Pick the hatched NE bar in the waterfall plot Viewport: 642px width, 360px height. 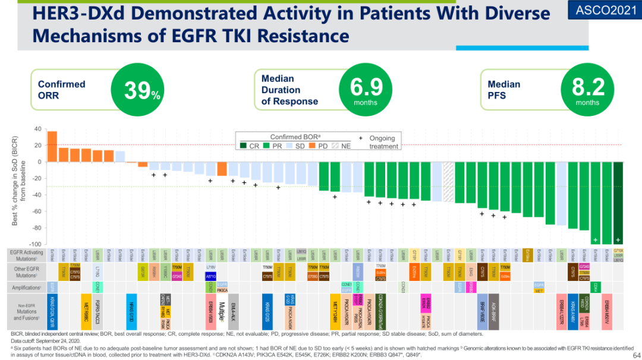pyautogui.click(x=449, y=181)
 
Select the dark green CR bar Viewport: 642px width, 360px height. pyautogui.click(x=618, y=202)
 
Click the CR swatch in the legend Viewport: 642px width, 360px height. pyautogui.click(x=243, y=146)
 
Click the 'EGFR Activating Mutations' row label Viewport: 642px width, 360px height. pyautogui.click(x=26, y=255)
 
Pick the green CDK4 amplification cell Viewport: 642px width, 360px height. pyautogui.click(x=594, y=287)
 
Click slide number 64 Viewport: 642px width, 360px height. pyautogui.click(x=631, y=355)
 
